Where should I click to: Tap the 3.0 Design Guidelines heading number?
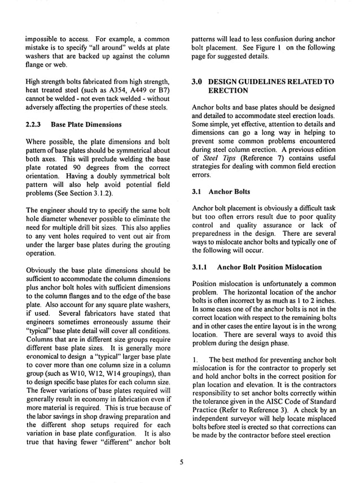(x=199, y=82)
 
